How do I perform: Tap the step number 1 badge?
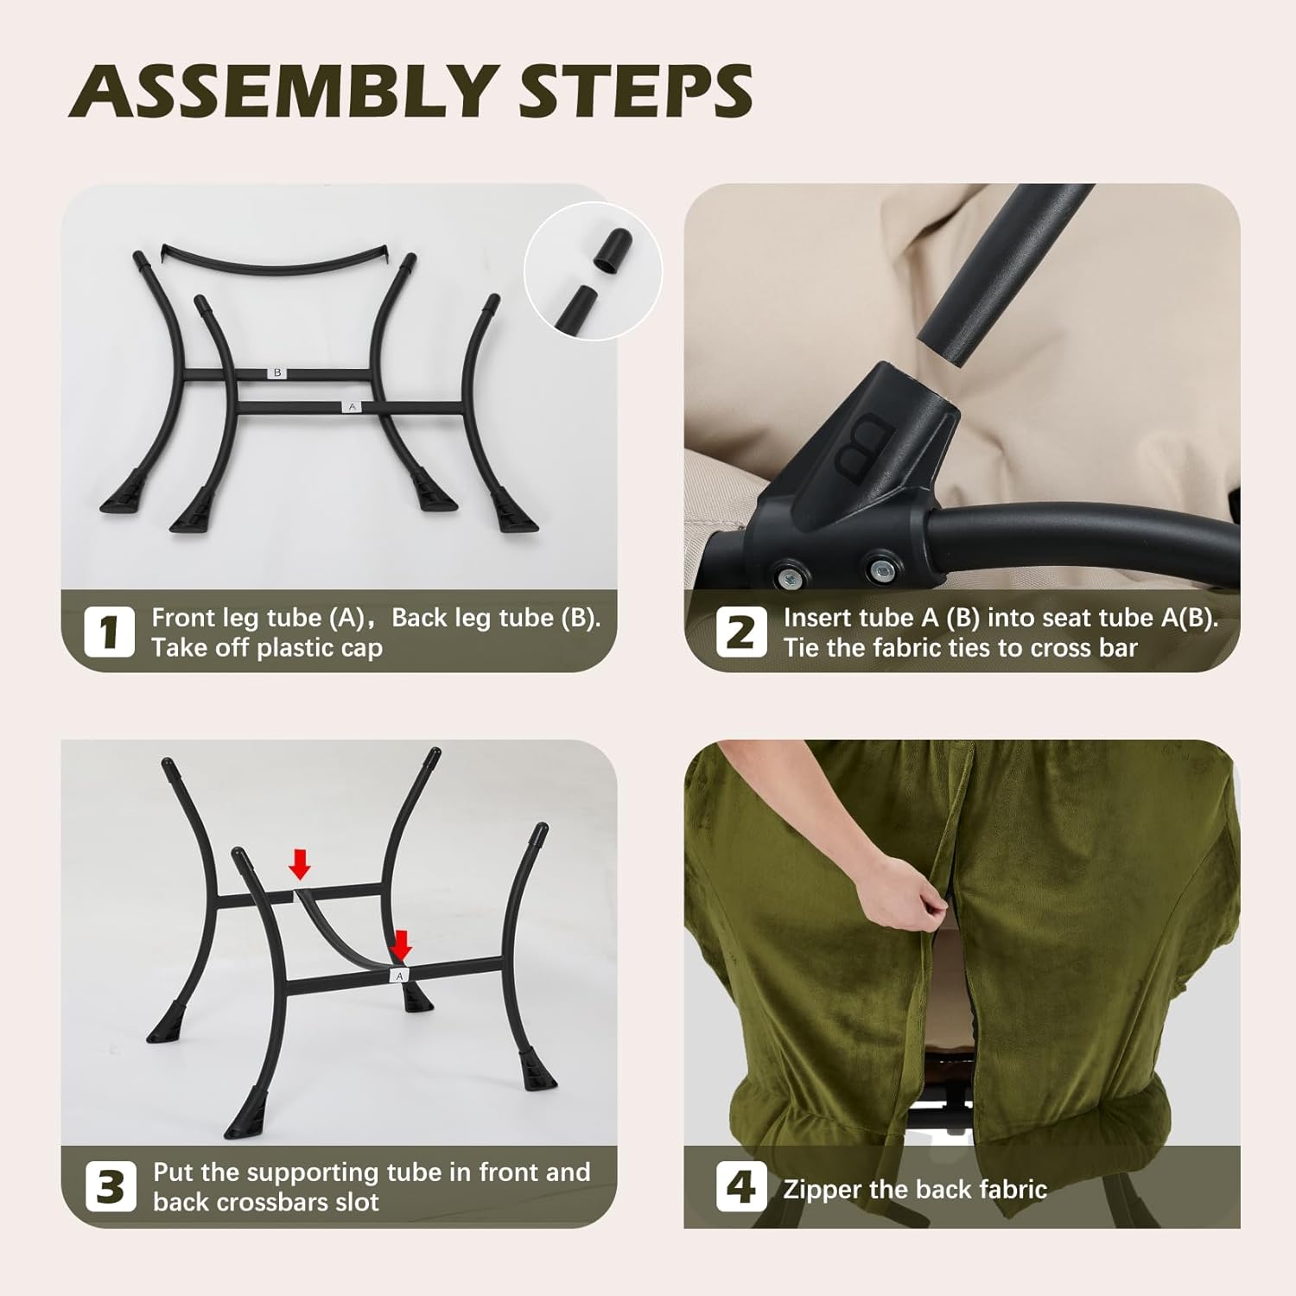coord(109,632)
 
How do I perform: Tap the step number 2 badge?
coord(740,632)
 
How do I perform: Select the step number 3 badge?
coord(111,1186)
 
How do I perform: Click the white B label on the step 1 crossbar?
coord(277,373)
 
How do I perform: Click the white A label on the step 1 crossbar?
coord(352,406)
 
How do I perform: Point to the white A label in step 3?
coord(399,975)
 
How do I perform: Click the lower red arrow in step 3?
coord(400,944)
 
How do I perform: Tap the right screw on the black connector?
coord(880,570)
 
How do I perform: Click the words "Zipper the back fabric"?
coord(914,1190)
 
